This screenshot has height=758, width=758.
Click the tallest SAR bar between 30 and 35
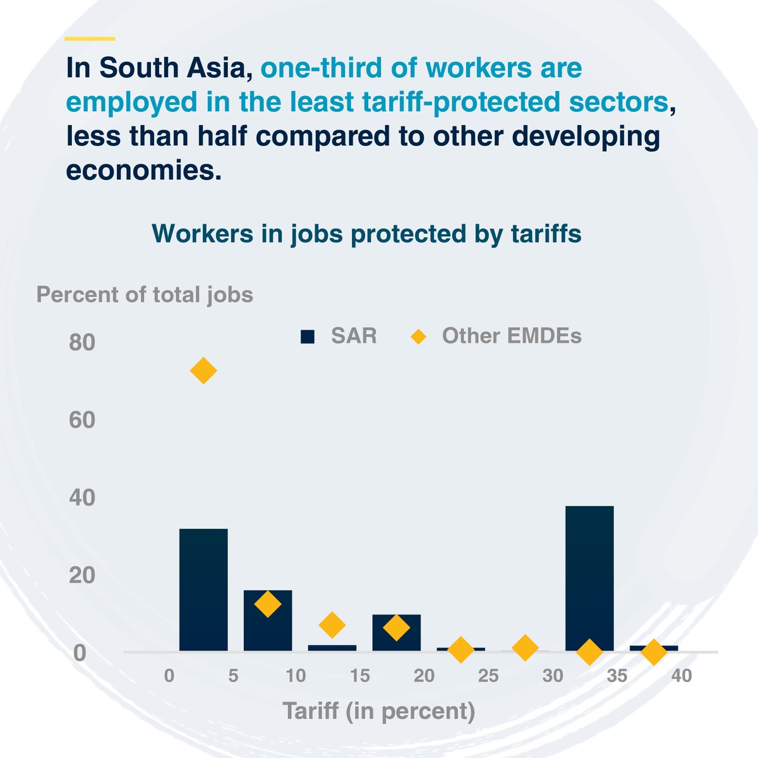589,578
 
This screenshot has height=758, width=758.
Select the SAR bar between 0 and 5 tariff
203,589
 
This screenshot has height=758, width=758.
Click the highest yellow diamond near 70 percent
203,371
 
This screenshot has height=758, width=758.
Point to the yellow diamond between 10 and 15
332,625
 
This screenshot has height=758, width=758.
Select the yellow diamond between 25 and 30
525,647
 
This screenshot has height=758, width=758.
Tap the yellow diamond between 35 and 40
654,651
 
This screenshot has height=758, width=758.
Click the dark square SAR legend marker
308,337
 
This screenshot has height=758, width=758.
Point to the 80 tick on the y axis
82,343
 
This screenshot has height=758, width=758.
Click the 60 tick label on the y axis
82,420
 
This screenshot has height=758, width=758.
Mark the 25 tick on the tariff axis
488,676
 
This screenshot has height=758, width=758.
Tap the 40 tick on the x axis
682,676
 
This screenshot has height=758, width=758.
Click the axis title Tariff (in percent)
378,711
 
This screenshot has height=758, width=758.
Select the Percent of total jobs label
145,294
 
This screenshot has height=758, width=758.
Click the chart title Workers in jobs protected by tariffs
366,234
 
